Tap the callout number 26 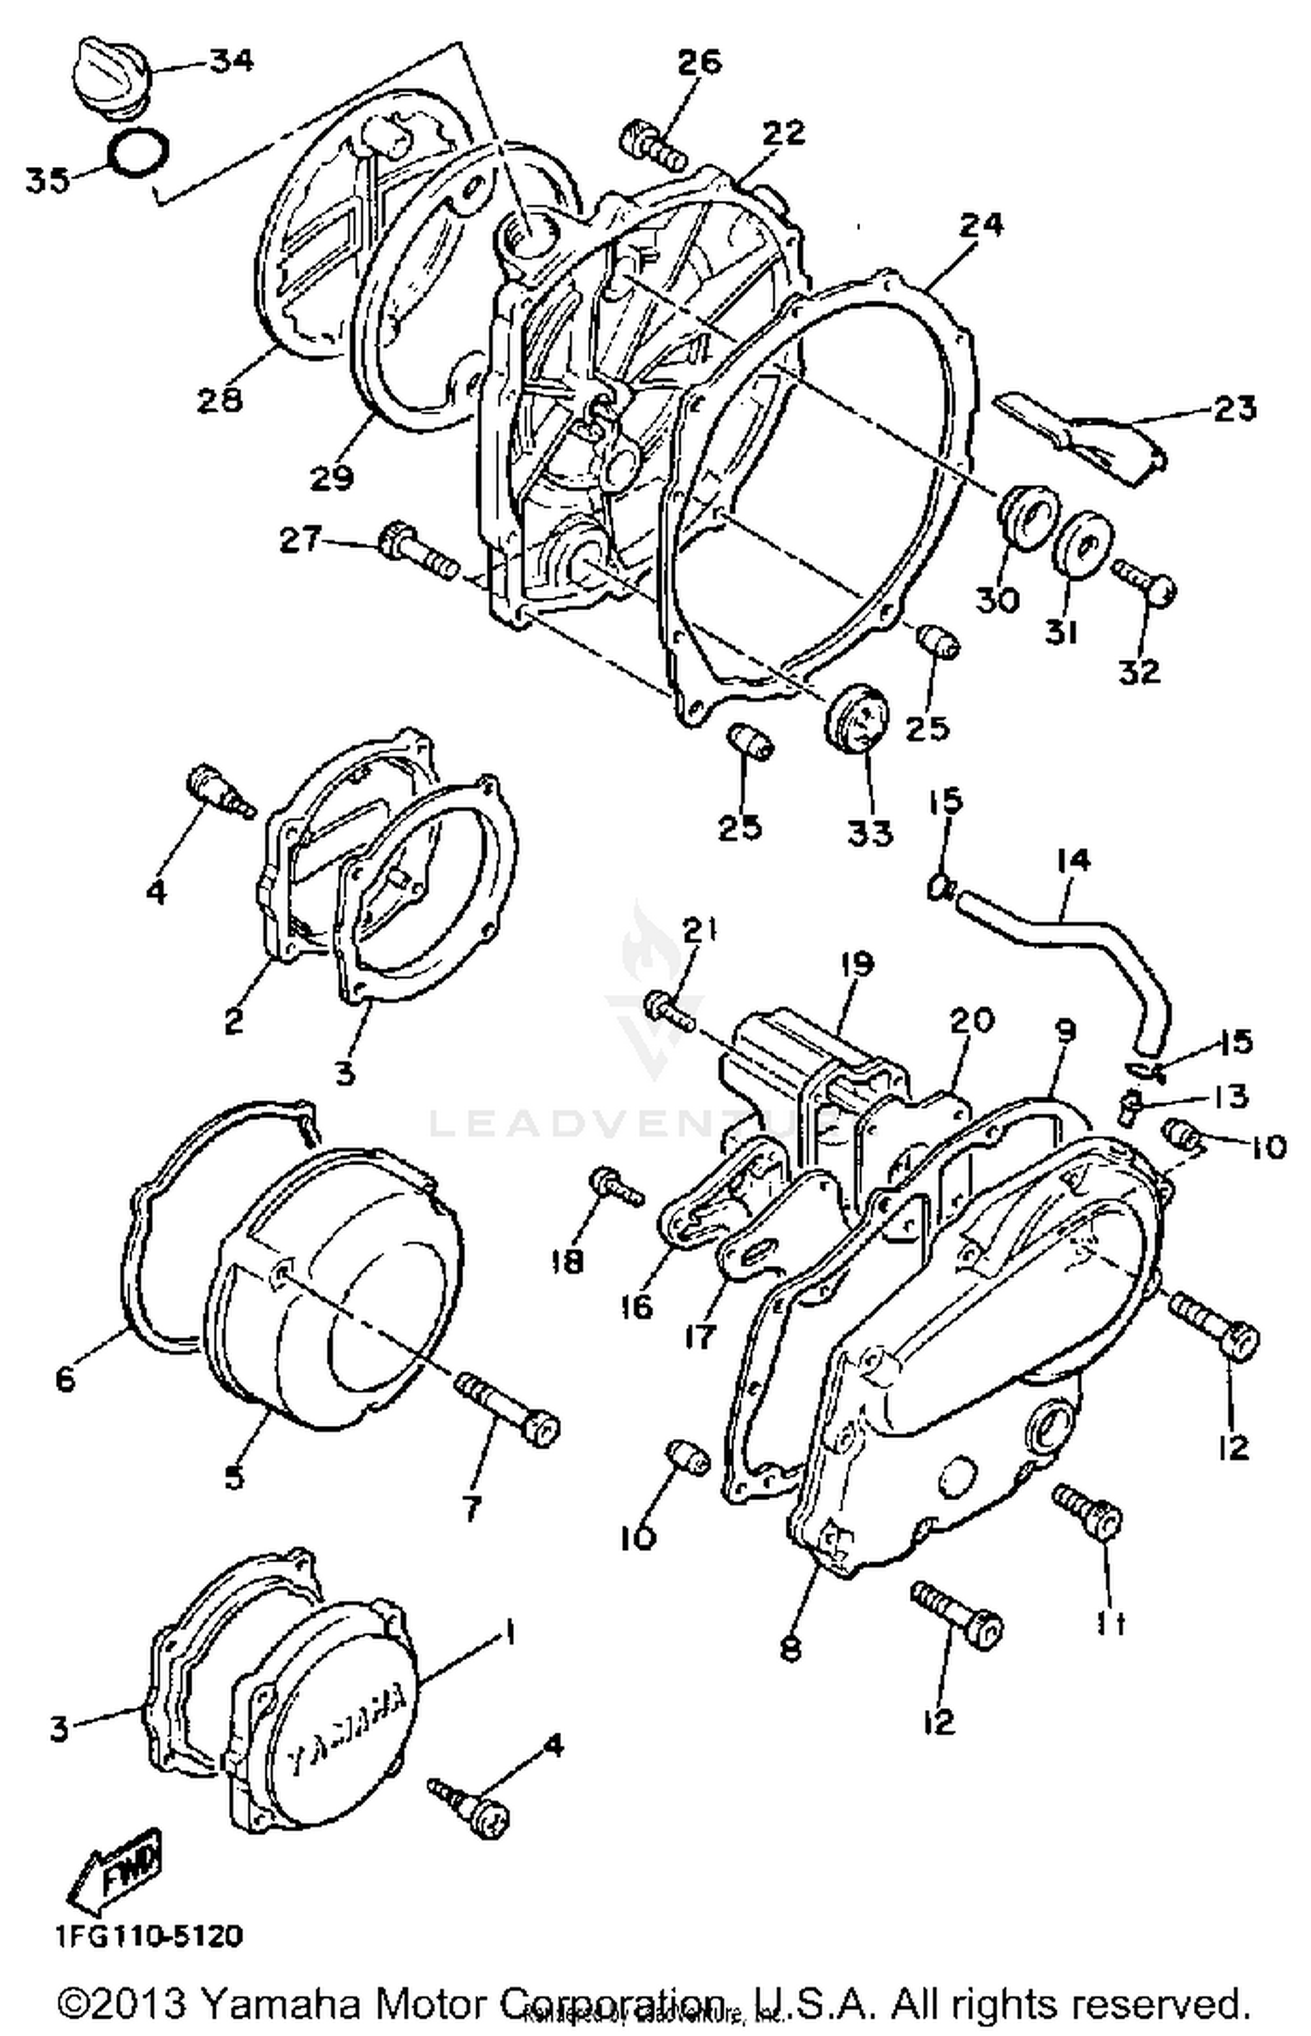tap(699, 63)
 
